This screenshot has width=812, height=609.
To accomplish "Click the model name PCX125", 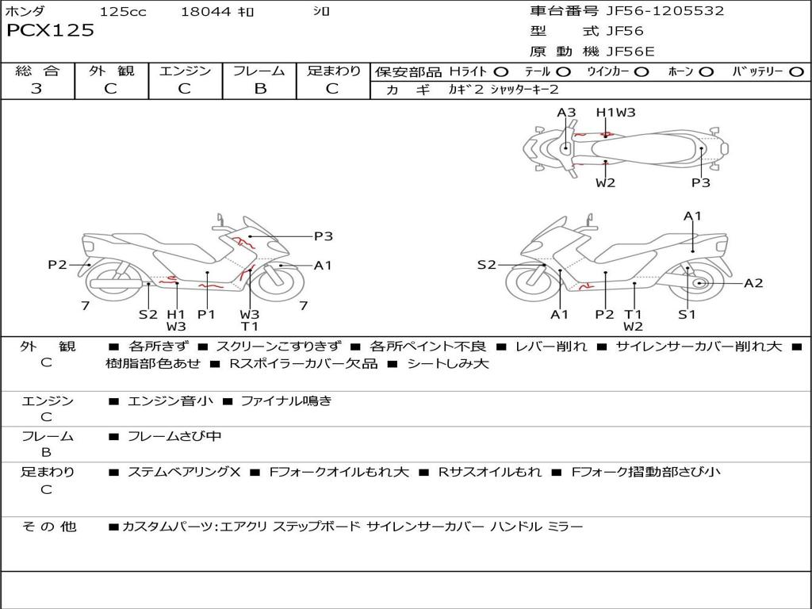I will [50, 31].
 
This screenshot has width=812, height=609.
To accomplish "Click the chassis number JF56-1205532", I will [654, 11].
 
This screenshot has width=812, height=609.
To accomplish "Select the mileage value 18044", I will [205, 12].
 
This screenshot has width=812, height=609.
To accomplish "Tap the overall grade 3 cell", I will [36, 89].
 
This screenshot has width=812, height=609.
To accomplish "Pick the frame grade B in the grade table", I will [259, 89].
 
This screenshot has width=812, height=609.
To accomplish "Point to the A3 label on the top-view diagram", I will [566, 113].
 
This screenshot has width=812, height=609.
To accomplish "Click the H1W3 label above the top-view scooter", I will [616, 113].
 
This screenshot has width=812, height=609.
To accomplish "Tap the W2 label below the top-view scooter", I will [606, 182].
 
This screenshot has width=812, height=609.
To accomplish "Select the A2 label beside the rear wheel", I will [753, 283].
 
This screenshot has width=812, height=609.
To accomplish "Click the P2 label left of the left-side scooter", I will [57, 265].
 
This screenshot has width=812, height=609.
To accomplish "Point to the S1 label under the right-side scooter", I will [687, 314].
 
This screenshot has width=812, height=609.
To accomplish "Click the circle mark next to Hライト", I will [501, 71].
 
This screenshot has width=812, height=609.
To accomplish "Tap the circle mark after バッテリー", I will [797, 71].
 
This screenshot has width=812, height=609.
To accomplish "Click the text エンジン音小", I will [170, 401].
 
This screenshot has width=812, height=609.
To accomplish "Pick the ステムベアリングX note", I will [183, 472].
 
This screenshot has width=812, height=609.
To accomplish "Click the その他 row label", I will [48, 526].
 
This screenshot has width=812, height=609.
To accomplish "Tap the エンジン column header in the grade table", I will [185, 71].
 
